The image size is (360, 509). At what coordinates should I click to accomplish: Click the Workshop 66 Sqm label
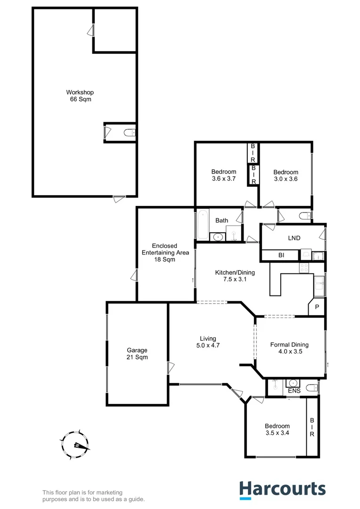pyautogui.click(x=79, y=96)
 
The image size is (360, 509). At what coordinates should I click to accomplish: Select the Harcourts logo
pyautogui.click(x=282, y=489)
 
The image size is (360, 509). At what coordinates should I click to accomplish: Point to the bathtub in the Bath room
pyautogui.click(x=201, y=225)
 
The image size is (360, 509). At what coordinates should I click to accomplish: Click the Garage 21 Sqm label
pyautogui.click(x=137, y=353)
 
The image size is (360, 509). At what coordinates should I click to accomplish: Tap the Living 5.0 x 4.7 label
pyautogui.click(x=208, y=342)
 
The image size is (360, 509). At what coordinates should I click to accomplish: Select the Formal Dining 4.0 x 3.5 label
pyautogui.click(x=289, y=348)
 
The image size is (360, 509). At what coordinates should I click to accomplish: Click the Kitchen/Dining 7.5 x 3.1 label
pyautogui.click(x=235, y=276)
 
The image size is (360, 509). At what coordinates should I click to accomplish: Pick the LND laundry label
pyautogui.click(x=295, y=238)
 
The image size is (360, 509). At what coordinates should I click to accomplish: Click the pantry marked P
pyautogui.click(x=317, y=306)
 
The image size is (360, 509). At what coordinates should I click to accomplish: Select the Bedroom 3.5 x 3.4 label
pyautogui.click(x=277, y=429)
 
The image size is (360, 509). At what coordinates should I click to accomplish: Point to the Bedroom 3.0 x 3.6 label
pyautogui.click(x=286, y=175)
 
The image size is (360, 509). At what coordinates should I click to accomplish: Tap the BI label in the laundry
pyautogui.click(x=281, y=255)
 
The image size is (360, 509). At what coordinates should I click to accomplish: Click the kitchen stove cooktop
pyautogui.click(x=304, y=268)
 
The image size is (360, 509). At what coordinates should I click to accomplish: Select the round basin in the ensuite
pyautogui.click(x=293, y=383)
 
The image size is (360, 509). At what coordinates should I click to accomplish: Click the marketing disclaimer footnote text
pyautogui.click(x=94, y=496)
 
